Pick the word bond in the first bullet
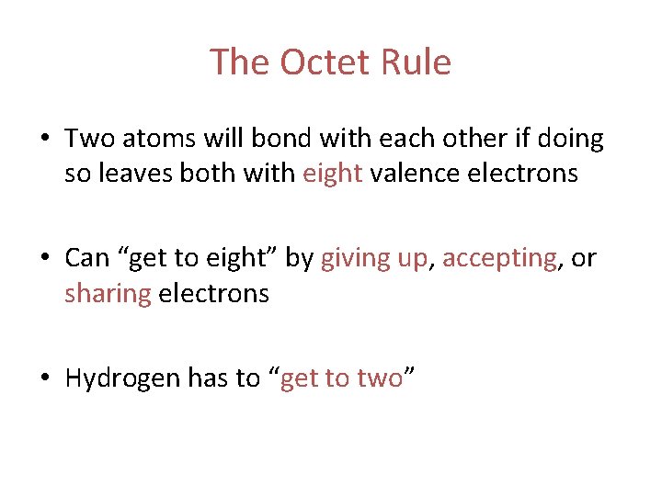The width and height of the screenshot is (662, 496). [280, 140]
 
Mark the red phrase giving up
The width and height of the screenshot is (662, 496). [374, 259]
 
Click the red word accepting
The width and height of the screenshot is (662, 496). [499, 259]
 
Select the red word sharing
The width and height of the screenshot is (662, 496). [107, 294]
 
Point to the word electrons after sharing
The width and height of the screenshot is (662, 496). [214, 294]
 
